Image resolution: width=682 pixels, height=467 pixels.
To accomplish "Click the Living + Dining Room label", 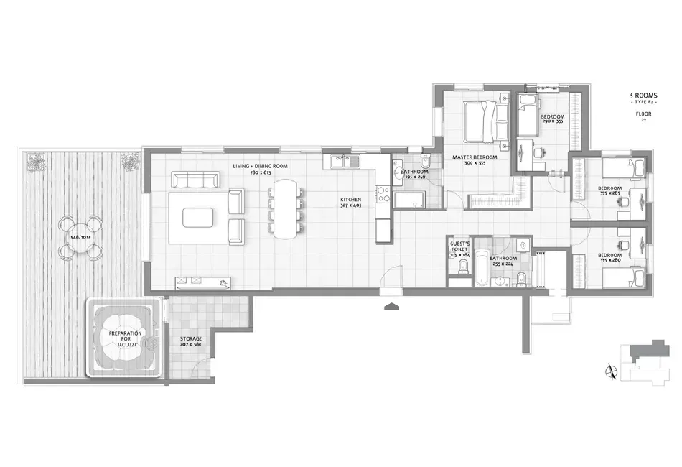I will click(260, 166).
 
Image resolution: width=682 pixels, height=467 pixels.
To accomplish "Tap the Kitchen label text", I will click(350, 199).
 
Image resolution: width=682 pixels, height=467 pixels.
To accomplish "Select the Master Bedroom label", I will click(475, 157).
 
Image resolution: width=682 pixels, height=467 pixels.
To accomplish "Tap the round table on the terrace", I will click(80, 238).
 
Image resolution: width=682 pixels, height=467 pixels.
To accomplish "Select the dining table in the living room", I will click(286, 208).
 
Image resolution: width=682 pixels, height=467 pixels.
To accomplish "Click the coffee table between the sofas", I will click(198, 216).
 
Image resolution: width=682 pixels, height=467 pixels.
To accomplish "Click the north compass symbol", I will click(611, 370).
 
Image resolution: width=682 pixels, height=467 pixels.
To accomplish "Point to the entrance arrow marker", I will click(391, 307).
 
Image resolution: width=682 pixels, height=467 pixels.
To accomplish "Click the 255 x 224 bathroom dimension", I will click(503, 264).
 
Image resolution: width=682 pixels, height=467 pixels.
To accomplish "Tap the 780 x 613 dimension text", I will click(260, 172).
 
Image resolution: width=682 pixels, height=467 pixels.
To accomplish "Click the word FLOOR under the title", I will click(643, 114).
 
